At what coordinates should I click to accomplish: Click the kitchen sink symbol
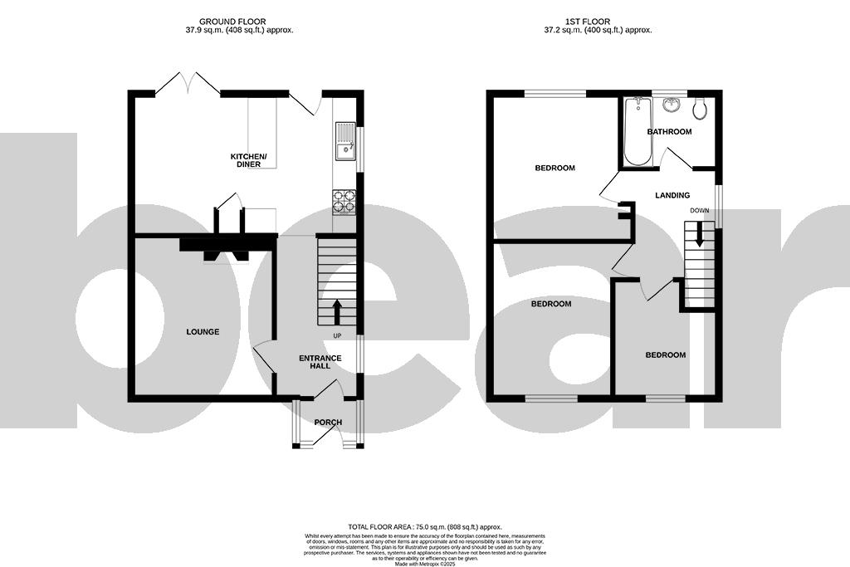[x=344, y=140]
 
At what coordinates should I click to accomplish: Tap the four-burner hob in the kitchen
[x=344, y=202]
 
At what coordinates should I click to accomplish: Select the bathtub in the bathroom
[x=637, y=131]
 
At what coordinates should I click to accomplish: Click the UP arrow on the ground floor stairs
[x=337, y=312]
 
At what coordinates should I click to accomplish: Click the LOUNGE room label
[x=203, y=332]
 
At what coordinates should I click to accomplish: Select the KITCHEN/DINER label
[x=248, y=160]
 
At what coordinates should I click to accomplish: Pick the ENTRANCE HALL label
[x=320, y=362]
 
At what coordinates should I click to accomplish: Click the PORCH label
[x=328, y=423]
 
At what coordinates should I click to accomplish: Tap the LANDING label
[x=672, y=196]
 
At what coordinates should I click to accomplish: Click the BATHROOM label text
[x=669, y=132]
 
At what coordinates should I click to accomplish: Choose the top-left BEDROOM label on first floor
[x=554, y=169]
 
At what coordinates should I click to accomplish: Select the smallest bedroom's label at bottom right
[x=666, y=355]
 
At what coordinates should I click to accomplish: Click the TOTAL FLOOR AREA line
[x=424, y=527]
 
